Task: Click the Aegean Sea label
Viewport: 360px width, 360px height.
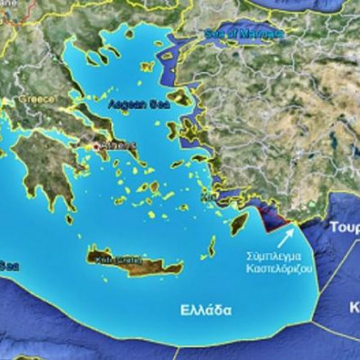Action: click(133, 104)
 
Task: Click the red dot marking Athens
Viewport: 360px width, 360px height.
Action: click(95, 146)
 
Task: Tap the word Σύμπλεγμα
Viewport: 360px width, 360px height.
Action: click(274, 256)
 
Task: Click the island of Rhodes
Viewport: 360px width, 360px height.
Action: click(238, 222)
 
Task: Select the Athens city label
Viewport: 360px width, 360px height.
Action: click(113, 145)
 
